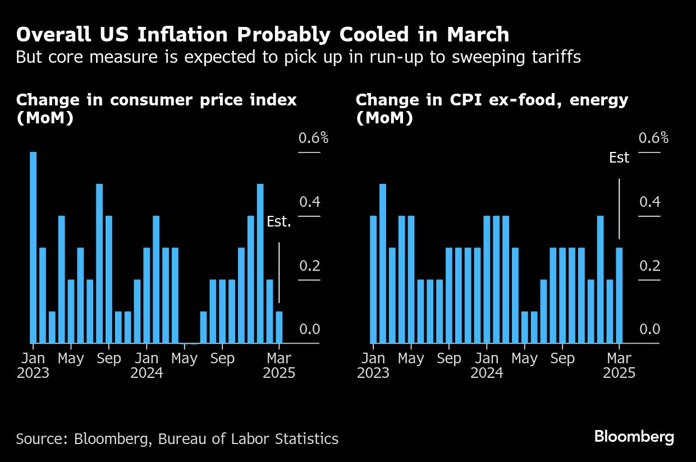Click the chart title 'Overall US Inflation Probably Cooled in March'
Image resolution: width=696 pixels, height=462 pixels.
point(263,35)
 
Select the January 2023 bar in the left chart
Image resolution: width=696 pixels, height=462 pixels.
point(33,247)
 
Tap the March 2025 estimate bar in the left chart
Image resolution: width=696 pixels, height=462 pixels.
point(279,327)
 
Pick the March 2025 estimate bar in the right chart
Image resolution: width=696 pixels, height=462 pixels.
point(619,295)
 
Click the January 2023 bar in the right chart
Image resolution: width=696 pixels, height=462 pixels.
point(374,279)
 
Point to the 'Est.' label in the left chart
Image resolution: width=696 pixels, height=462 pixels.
point(279,222)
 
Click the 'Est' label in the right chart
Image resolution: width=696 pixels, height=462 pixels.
point(619,158)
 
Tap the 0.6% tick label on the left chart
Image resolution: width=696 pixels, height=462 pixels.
point(313,138)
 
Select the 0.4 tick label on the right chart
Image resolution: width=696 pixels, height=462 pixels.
point(650,202)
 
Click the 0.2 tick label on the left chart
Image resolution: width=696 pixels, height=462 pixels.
point(309,266)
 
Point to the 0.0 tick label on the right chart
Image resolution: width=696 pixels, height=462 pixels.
point(650,329)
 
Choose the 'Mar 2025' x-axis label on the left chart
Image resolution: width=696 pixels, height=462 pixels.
point(279,365)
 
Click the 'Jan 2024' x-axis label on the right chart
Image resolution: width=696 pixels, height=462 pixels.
point(487,365)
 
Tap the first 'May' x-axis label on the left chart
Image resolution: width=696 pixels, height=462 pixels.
point(71,358)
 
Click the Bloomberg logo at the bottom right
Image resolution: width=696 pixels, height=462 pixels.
point(634,437)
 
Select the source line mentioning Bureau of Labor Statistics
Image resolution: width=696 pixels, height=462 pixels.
point(177,438)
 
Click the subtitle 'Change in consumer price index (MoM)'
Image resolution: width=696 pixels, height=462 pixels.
point(156,109)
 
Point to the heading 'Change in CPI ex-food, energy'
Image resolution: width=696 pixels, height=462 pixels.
point(492,100)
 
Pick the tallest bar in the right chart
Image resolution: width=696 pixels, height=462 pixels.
point(383,264)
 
